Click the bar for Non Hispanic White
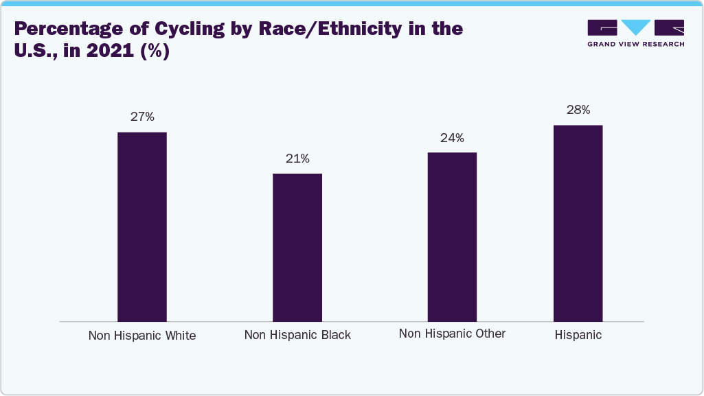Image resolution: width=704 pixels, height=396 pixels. point(142,226)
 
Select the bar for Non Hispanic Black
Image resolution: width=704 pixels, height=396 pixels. point(297,247)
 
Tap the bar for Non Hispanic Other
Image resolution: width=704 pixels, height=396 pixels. point(452,237)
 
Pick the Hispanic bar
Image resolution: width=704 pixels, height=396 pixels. point(578,223)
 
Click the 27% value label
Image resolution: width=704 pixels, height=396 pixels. point(142,117)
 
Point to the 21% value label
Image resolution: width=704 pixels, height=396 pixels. point(297,159)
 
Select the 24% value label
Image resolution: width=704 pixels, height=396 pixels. point(452,138)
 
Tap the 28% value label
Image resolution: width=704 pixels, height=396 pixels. point(578,110)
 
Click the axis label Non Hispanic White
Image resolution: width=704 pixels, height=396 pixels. point(142,336)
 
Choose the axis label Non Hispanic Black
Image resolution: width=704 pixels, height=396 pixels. point(297,335)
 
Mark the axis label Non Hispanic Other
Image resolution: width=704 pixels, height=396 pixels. point(452,334)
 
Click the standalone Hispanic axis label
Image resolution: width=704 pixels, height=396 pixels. point(578,335)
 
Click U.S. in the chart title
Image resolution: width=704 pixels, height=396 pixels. point(34,51)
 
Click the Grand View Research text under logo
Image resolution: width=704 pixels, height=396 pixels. point(635,44)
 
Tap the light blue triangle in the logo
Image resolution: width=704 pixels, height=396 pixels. point(635,27)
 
